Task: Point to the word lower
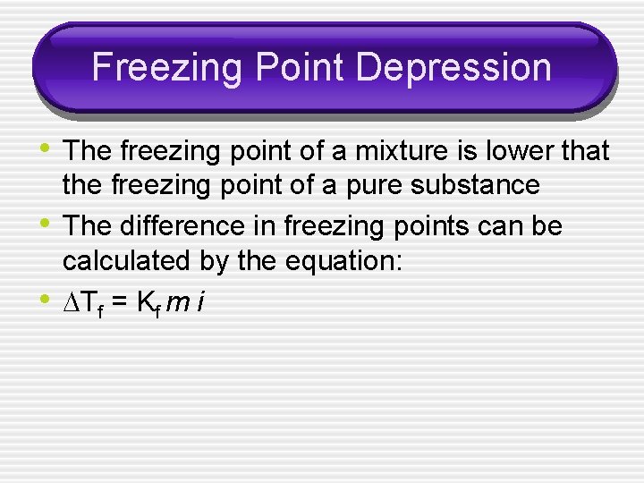(519, 152)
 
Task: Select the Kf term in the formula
(144, 302)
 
